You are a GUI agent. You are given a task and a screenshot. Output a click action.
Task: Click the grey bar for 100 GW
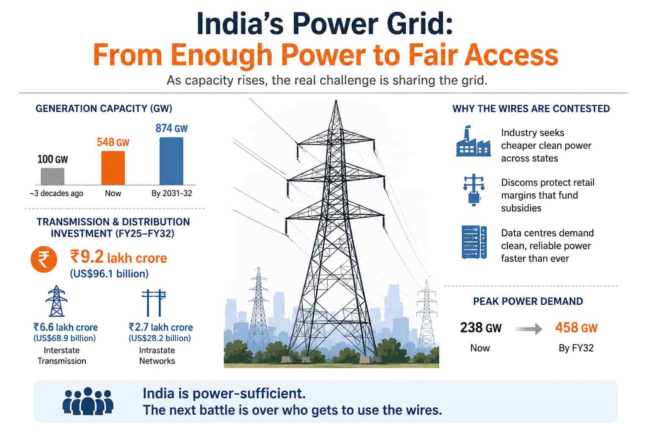point(52,176)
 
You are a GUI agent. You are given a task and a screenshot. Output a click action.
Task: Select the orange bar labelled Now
point(113,168)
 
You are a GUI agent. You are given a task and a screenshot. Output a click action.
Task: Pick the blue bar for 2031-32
point(171,161)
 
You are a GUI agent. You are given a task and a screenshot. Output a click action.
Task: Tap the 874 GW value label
point(171,128)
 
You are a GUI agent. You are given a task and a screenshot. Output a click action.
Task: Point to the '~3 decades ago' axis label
point(56,193)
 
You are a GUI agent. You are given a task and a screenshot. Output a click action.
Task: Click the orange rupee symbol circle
point(44,259)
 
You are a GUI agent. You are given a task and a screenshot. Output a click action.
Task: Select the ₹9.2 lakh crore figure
point(118,257)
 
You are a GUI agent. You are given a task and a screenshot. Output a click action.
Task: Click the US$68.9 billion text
point(64,338)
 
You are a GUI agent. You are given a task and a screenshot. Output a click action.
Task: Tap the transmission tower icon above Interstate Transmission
point(57,301)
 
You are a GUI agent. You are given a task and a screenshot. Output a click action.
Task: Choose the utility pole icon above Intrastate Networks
point(154,303)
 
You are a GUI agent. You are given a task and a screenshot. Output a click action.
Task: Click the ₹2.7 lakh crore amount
point(161,327)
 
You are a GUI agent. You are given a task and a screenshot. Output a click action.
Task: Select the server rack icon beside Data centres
point(474,242)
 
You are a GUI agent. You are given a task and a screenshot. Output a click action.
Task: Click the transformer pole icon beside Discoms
point(474,190)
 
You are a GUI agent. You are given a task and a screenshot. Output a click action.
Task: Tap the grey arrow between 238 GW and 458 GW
point(529,329)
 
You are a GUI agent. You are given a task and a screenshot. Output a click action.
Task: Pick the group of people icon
point(88,401)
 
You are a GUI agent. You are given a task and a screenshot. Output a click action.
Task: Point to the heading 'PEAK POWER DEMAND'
point(528,301)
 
